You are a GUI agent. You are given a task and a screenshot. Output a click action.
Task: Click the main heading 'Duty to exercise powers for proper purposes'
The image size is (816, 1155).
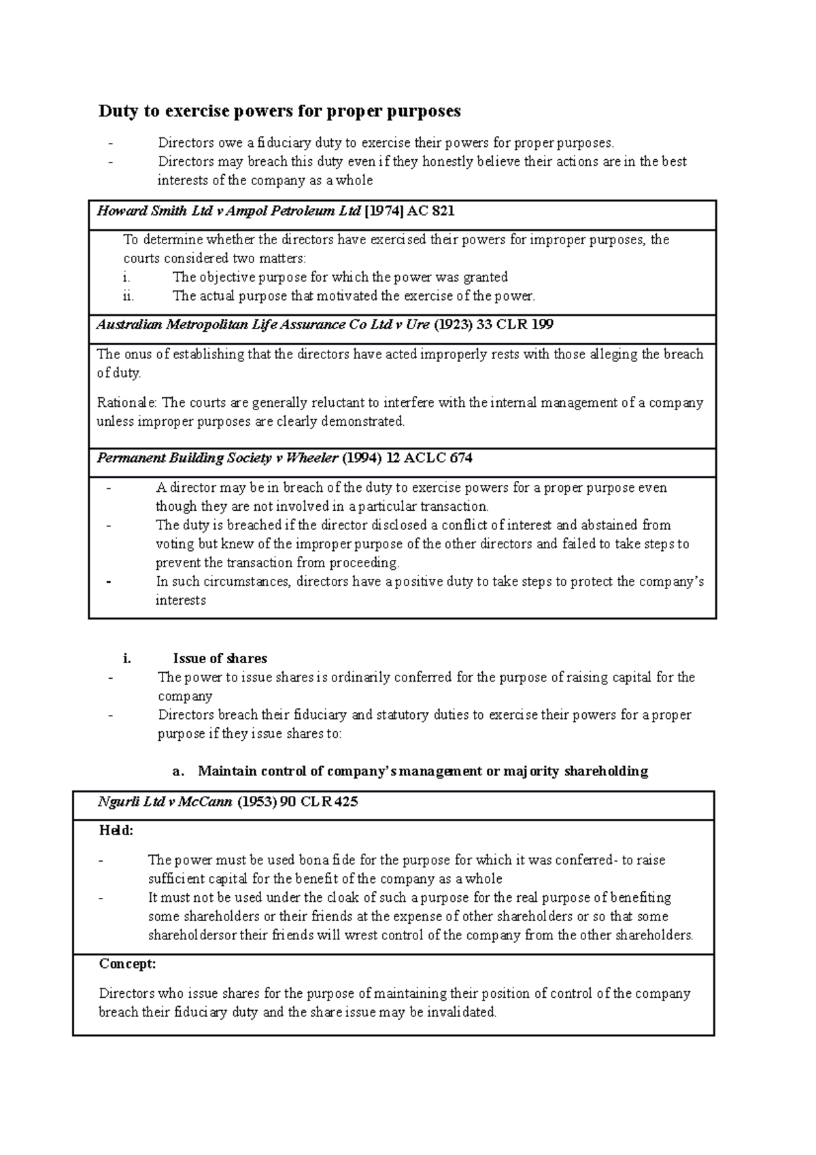coord(279,111)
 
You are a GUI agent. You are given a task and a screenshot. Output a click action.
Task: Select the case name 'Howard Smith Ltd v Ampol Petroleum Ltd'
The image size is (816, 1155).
coord(229,211)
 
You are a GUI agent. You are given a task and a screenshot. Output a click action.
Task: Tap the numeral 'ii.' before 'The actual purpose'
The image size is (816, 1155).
coord(129,296)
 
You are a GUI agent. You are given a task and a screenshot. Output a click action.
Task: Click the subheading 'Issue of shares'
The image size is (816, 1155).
coord(220,658)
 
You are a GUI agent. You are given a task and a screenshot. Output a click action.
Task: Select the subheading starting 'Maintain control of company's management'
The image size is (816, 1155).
coord(422,771)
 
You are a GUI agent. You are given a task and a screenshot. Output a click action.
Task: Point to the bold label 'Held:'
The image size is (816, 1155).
coord(116,831)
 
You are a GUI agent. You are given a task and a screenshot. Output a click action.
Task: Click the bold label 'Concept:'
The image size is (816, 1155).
coord(127,964)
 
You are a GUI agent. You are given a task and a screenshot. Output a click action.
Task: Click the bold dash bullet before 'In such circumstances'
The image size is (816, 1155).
coord(110,582)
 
